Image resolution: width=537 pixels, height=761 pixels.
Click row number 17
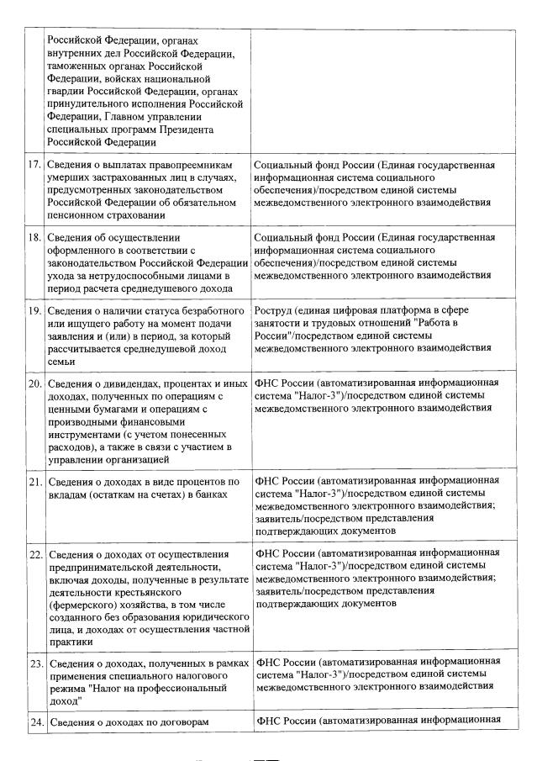click(34, 166)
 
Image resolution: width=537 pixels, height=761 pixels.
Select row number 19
click(34, 311)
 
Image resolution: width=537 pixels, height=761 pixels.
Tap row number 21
click(34, 482)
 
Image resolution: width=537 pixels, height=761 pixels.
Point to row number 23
click(34, 663)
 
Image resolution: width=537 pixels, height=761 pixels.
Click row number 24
click(34, 722)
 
